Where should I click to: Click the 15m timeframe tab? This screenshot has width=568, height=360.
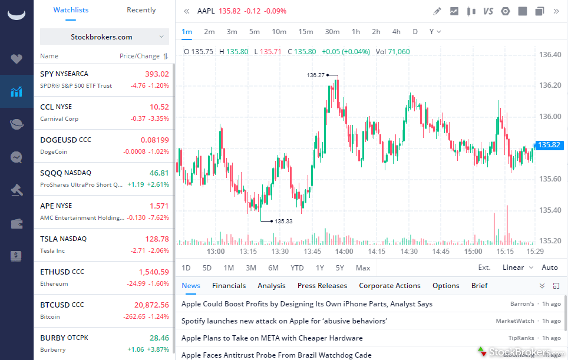(306, 32)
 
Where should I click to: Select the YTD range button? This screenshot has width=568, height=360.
(297, 267)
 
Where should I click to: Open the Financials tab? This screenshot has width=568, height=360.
(229, 286)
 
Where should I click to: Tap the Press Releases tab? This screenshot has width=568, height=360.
(322, 286)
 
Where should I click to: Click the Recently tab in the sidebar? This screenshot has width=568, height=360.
(141, 10)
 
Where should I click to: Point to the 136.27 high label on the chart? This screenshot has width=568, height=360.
(316, 75)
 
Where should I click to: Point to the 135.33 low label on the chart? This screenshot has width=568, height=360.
(283, 222)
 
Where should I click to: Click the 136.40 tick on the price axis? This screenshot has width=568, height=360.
(550, 55)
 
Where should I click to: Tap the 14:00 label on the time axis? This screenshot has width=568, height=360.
(344, 252)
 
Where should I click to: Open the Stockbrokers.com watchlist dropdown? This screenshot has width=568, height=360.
(104, 37)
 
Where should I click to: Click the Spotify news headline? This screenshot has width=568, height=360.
(284, 321)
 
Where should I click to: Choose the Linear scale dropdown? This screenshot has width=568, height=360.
(517, 267)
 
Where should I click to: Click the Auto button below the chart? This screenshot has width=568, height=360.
(549, 267)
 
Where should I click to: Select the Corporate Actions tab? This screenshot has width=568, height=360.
(389, 286)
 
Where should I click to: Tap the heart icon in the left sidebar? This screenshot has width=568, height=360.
(16, 59)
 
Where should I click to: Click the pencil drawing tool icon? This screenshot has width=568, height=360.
(437, 11)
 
